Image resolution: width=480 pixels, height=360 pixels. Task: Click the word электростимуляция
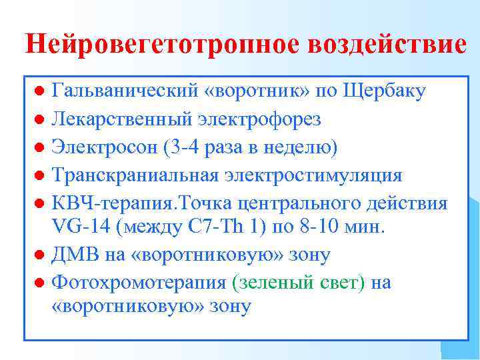click(313, 175)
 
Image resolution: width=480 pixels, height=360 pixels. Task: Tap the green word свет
click(341, 282)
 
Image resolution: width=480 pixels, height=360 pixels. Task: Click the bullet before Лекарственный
click(41, 119)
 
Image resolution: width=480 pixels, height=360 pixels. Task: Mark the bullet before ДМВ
click(41, 255)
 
